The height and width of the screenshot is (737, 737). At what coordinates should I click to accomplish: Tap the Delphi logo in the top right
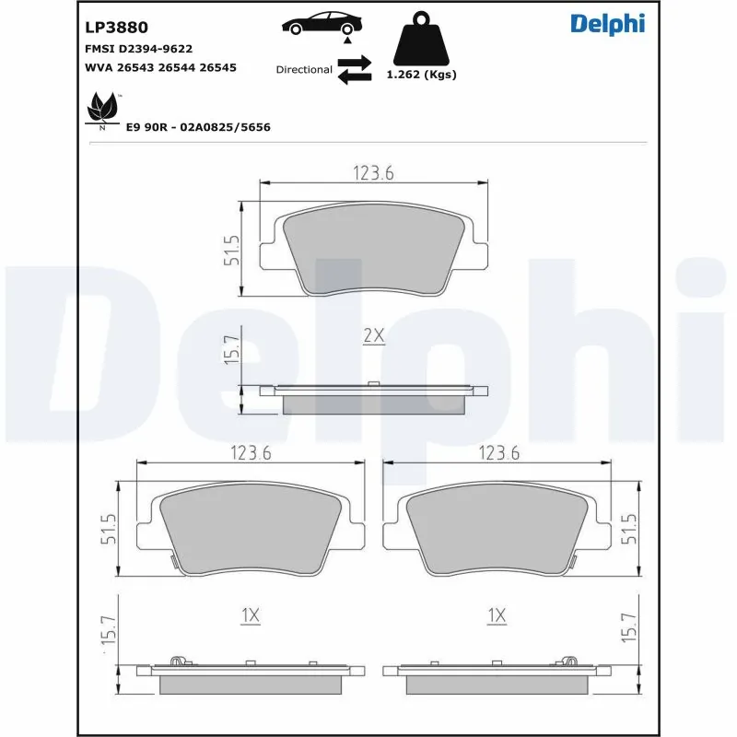tap(607, 24)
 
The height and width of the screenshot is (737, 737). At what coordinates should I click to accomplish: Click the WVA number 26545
tap(218, 67)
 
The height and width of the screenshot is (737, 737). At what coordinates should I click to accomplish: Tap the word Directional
tap(304, 70)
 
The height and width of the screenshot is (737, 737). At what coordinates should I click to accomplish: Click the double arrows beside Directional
tap(354, 70)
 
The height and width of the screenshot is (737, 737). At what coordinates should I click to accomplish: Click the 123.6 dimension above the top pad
tap(372, 173)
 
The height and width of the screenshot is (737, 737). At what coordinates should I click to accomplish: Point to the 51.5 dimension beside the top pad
tap(232, 250)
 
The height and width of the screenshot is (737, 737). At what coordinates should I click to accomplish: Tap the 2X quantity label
tap(372, 336)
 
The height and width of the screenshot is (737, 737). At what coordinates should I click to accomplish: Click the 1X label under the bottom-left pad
tap(250, 614)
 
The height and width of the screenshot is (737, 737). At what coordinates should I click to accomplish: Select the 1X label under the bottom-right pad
tap(497, 614)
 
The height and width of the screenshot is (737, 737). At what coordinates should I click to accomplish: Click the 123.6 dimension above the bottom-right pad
tap(498, 452)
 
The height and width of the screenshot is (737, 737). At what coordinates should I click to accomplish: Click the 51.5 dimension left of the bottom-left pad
tap(108, 530)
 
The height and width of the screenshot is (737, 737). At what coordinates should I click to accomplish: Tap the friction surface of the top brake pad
tap(372, 249)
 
